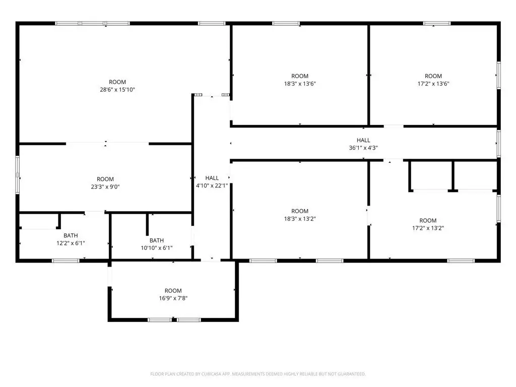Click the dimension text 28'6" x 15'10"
coord(117,90)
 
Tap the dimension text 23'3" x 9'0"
coord(105,186)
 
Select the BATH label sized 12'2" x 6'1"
coord(71,236)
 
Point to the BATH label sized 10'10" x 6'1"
coord(157,240)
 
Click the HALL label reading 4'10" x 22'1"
coord(212,178)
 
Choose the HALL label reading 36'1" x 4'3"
coord(363,140)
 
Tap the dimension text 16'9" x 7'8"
coord(173,298)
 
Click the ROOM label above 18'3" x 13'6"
coord(300,76)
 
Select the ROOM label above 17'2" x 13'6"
coord(433,76)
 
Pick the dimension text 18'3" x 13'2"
coord(300,219)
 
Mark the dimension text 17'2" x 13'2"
coord(428,228)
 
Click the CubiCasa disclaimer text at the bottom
coord(258,374)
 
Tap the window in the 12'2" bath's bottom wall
coord(66,261)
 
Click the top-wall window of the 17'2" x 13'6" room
coord(437,23)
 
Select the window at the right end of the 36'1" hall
coord(498,144)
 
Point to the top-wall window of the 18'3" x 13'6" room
coord(286,23)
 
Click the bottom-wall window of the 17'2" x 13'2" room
coord(461,261)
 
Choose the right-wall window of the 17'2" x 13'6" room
coord(498,75)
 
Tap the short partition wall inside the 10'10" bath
coord(147,225)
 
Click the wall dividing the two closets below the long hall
coord(453,176)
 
